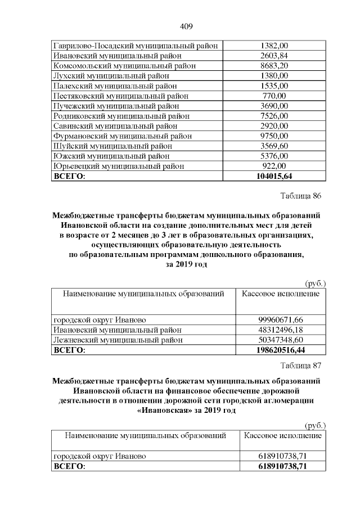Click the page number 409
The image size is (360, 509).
pos(187,26)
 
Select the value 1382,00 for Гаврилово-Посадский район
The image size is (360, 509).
pos(274,45)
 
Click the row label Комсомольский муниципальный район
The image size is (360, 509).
pos(124,65)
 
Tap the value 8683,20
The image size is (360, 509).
pos(274,65)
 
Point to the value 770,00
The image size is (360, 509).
pos(274,96)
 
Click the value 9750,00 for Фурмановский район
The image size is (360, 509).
pos(274,136)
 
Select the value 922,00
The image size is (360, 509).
pos(274,166)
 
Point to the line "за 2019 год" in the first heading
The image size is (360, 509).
pos(186,265)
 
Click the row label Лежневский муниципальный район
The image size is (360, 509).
pos(118,340)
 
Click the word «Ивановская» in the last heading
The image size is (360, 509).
pos(163,411)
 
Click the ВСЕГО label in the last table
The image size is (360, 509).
pos(69,467)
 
